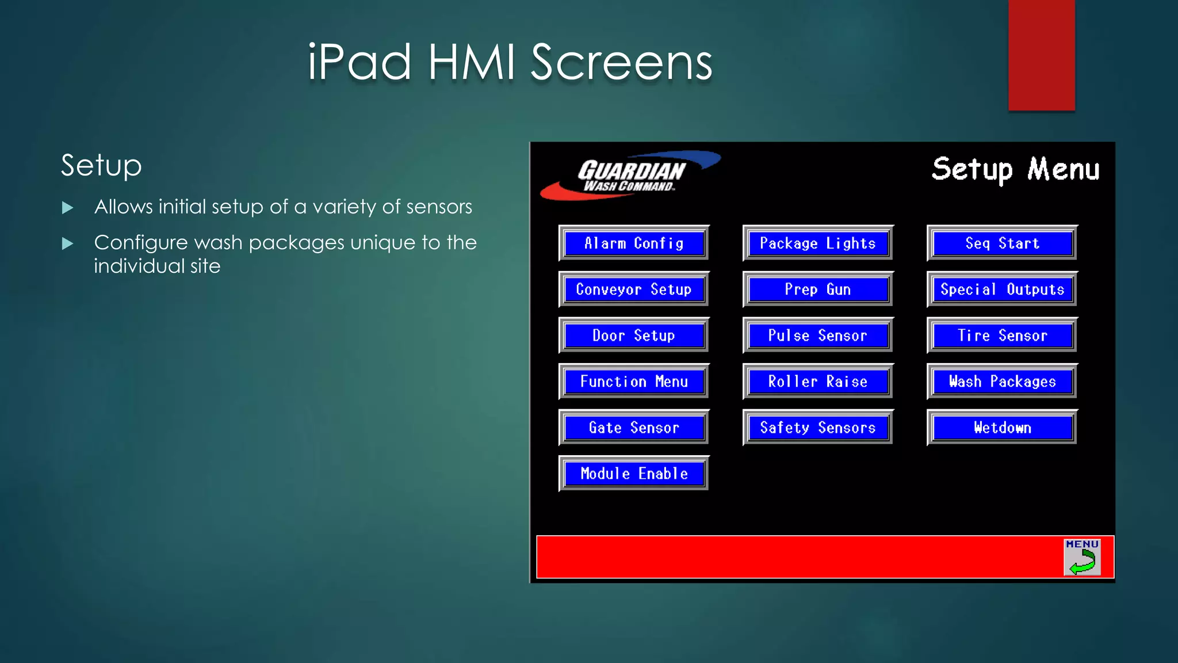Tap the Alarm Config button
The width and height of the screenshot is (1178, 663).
tap(634, 243)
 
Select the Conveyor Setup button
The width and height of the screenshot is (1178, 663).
tap(634, 289)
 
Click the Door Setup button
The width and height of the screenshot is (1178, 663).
tap(634, 335)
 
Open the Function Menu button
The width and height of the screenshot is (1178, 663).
tap(634, 381)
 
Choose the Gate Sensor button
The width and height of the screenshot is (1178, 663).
tap(634, 427)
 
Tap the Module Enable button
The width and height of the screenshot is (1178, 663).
tap(634, 473)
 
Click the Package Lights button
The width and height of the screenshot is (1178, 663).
tap(818, 243)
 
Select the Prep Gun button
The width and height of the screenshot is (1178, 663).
tap(818, 289)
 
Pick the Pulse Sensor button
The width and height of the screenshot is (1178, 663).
tap(818, 335)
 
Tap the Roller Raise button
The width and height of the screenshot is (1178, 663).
tap(818, 381)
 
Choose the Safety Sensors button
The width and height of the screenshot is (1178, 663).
tap(818, 427)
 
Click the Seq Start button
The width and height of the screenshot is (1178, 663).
tap(1002, 243)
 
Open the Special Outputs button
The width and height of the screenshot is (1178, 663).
tap(1002, 289)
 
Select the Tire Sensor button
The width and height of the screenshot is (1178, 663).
tap(1002, 335)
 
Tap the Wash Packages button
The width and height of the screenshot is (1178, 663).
tap(1002, 381)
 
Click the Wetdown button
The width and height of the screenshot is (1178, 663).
tap(1002, 427)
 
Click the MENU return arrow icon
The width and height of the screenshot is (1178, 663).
tap(1082, 557)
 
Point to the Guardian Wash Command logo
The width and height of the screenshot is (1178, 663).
tap(630, 176)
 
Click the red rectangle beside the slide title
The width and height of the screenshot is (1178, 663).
tap(1041, 55)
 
